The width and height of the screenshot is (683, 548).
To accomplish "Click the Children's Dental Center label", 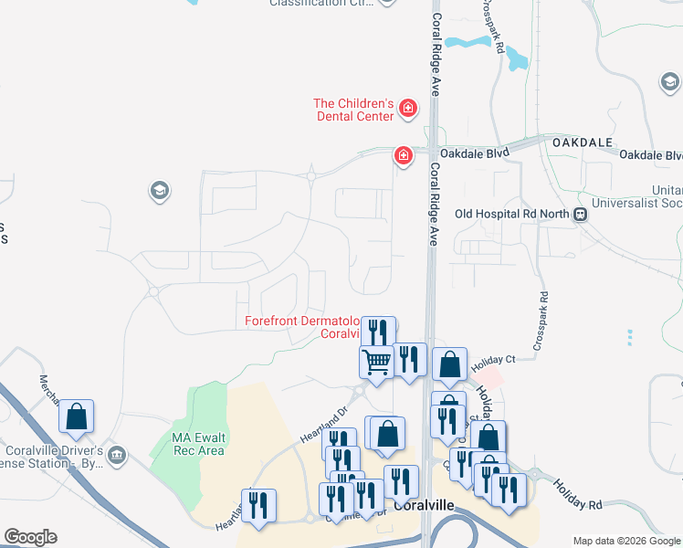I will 353,110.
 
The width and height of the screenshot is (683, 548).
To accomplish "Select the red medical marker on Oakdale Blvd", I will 402,156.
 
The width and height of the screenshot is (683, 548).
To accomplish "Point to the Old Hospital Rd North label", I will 511,215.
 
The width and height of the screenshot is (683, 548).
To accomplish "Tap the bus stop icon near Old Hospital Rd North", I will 580,215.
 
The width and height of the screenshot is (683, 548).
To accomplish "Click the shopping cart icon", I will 375,362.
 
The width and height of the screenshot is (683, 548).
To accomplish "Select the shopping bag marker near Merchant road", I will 77,416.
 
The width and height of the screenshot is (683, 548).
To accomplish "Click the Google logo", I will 30,537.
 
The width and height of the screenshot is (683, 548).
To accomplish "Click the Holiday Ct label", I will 494,361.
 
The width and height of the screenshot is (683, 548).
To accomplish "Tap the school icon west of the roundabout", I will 159,191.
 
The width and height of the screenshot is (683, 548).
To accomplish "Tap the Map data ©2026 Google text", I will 627,541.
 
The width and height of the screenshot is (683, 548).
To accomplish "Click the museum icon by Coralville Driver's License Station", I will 116,454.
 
